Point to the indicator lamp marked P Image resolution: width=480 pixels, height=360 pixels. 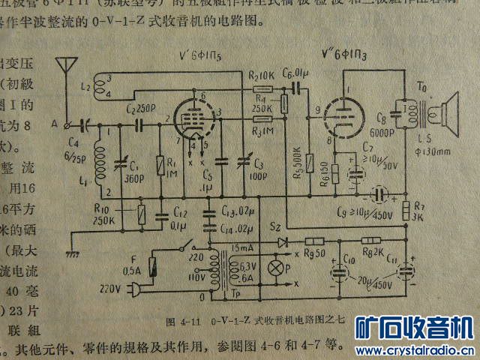(274, 268)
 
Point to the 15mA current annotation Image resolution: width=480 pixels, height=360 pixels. (244, 248)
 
